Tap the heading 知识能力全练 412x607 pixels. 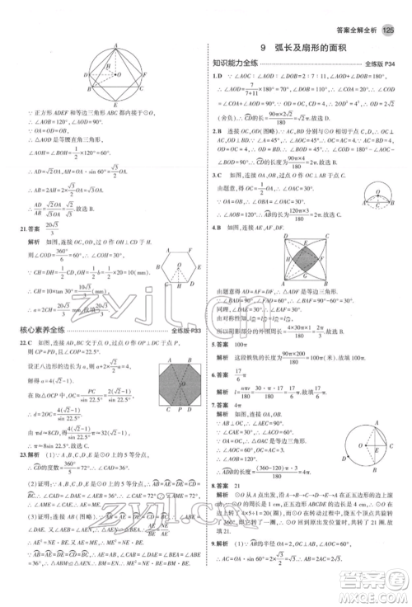point(235,63)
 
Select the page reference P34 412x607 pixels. point(390,64)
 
